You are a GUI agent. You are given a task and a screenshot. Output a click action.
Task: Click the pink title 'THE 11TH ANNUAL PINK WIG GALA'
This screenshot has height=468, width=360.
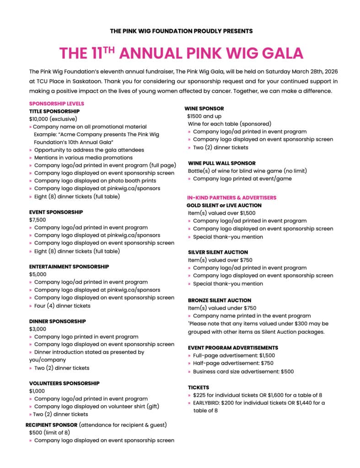181,53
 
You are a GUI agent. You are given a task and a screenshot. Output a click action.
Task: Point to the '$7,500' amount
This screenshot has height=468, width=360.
38,220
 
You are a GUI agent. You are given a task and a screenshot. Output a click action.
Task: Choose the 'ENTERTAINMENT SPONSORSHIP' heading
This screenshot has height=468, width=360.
69,266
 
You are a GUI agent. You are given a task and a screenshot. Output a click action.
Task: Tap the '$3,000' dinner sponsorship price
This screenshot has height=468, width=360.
38,329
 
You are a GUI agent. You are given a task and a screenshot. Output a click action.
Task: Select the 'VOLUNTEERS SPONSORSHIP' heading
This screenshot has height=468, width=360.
64,383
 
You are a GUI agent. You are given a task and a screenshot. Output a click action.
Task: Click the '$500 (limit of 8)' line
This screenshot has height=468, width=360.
49,432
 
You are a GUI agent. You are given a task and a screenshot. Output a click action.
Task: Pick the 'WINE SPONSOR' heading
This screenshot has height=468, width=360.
204,109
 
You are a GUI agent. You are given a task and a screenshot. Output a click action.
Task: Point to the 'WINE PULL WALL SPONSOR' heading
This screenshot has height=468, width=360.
222,163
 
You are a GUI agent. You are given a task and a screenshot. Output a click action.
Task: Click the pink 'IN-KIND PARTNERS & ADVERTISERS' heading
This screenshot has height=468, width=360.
232,197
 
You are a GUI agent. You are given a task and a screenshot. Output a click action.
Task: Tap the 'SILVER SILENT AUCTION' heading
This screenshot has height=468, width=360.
218,252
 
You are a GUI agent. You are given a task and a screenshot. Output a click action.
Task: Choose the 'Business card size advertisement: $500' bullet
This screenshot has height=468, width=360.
243,372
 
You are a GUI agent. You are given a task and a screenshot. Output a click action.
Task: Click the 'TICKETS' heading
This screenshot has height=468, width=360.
199,387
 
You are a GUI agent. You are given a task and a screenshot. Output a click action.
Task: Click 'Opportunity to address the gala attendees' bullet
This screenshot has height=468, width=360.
89,150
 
